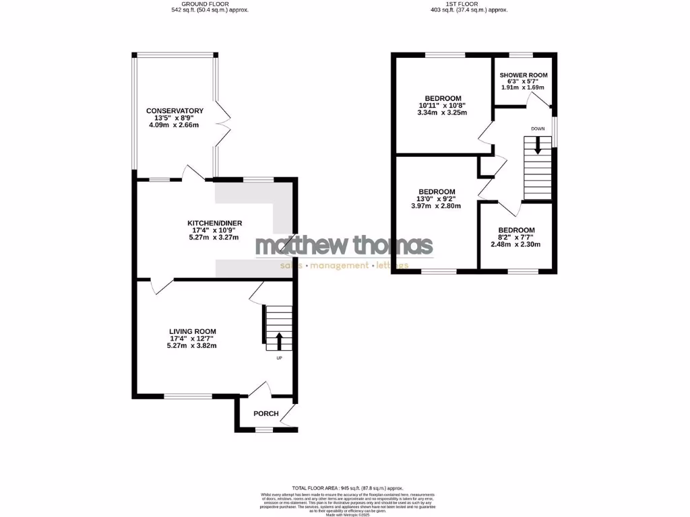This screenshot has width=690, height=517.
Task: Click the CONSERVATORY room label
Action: [175, 110]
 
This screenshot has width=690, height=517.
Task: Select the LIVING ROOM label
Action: [192, 331]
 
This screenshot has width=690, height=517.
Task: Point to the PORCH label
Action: [265, 413]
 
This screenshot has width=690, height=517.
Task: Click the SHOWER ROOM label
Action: [524, 75]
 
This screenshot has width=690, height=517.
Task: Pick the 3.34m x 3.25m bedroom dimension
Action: [443, 112]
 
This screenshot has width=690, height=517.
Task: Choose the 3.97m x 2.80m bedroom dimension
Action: [436, 206]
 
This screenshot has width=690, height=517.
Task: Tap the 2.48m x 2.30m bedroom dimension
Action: [517, 244]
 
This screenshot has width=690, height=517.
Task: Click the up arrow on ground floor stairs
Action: [278, 340]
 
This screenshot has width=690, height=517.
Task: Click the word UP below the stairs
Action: [279, 358]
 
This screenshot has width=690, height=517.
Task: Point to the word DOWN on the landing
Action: [537, 129]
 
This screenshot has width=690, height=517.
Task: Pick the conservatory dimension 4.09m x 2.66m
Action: [175, 125]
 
